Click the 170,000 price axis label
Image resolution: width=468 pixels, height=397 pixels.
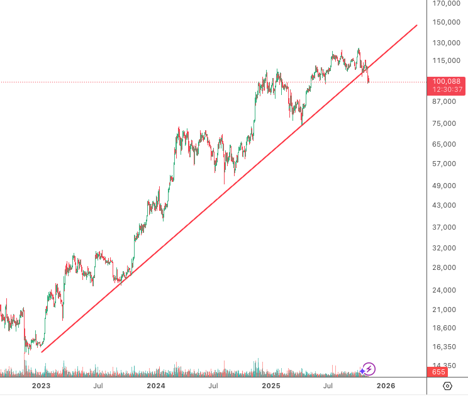[446, 3]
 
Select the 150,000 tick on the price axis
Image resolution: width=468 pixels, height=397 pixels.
[446, 22]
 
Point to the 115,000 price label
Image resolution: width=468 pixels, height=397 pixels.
[446, 60]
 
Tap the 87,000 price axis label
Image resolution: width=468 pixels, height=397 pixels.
[444, 101]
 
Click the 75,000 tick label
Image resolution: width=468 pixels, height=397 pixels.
[444, 123]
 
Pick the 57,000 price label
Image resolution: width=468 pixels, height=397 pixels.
[444, 164]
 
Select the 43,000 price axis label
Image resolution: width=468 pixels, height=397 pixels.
[444, 205]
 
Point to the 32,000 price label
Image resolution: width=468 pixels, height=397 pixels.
[444, 248]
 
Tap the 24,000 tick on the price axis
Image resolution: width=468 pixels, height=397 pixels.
[444, 290]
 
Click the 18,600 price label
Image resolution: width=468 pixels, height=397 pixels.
[444, 328]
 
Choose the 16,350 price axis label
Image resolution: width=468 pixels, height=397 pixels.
[444, 347]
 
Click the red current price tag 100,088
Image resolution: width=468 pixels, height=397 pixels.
[446, 81]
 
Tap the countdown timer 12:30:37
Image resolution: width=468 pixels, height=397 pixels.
[447, 89]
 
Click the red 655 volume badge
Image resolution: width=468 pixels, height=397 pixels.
[438, 372]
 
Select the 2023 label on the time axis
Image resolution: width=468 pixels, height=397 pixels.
[41, 386]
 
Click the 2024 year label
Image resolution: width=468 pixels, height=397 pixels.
[156, 386]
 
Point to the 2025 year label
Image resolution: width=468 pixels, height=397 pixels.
[271, 386]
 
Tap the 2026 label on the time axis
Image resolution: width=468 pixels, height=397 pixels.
[386, 386]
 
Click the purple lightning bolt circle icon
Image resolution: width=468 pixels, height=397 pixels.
[369, 369]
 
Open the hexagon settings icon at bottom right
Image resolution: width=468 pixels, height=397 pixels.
[447, 386]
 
